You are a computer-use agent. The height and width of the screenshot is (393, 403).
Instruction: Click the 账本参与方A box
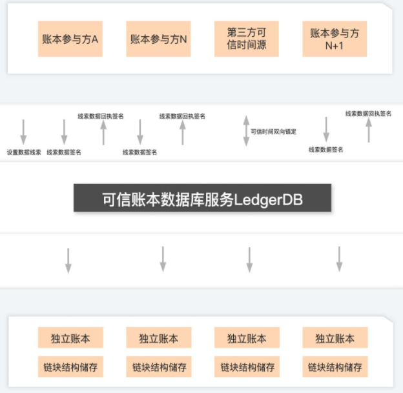pos(70,39)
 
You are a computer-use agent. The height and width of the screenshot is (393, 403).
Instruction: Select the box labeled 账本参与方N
pos(158,39)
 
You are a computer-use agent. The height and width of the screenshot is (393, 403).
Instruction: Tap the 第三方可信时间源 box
pos(246,39)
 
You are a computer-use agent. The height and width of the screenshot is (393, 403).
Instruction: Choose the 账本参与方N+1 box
pos(334,39)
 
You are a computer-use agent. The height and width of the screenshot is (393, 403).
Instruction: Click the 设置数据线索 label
pos(24,152)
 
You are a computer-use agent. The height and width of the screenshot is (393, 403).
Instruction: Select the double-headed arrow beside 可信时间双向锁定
pos(245,130)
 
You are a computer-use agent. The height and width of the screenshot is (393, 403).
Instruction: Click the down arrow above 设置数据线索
pos(24,131)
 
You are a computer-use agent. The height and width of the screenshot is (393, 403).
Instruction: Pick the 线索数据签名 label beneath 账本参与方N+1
pos(325,150)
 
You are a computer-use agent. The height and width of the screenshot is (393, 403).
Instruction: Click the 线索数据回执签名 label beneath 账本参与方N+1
pos(368,114)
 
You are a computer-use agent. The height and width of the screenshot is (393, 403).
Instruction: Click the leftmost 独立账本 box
pos(70,338)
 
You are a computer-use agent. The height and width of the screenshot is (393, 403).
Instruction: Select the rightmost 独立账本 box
pos(335,338)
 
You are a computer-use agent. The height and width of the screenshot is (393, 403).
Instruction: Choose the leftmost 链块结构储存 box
pos(70,367)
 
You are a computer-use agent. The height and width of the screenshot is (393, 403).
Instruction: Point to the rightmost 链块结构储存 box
pos(335,367)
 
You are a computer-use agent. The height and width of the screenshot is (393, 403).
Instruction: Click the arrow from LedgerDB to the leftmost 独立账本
pos(68,259)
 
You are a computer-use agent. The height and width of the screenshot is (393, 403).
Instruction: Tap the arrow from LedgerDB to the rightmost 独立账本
pos(339,258)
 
